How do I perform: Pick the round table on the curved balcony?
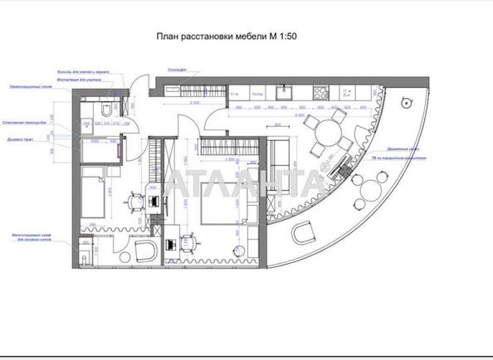[x=365, y=201]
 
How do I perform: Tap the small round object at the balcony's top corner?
[x=406, y=103]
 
